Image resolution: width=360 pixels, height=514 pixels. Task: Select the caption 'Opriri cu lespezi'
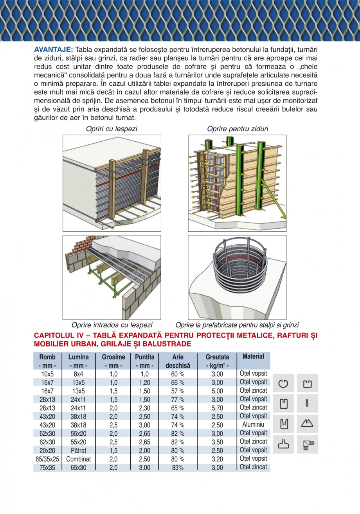point(112,129)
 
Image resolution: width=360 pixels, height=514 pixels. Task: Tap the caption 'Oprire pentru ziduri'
point(238,129)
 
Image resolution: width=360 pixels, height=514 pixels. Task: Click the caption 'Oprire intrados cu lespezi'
point(112,325)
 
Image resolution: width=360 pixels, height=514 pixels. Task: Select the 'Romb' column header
point(47,357)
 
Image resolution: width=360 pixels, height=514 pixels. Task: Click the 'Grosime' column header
point(113,357)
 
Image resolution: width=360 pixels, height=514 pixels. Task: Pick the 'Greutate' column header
point(217,357)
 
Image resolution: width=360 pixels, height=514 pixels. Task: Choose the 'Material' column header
point(253,356)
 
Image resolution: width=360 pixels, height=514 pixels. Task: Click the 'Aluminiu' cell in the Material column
point(253,425)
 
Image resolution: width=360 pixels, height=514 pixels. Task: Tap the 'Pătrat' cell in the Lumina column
point(78,450)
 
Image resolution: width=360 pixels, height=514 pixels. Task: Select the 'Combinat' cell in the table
point(78,459)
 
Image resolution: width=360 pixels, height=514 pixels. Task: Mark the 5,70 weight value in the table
point(217,408)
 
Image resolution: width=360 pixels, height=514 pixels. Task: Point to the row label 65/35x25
point(47,459)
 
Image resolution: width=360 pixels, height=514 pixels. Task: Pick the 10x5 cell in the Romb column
point(47,374)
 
